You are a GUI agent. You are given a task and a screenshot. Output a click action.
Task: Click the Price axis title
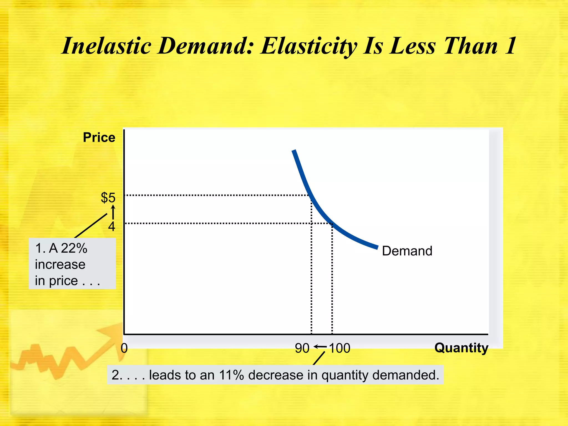point(99,138)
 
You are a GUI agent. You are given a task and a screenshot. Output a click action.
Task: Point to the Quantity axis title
point(461,348)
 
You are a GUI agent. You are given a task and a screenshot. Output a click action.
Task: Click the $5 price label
point(108,198)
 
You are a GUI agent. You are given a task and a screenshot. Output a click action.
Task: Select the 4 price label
point(111,227)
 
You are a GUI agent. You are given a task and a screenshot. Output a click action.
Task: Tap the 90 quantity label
point(302,348)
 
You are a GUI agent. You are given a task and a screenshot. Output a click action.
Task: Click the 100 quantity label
point(340,348)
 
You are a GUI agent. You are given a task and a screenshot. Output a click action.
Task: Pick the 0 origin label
point(124,348)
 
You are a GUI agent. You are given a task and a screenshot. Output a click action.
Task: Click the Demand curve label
point(407,251)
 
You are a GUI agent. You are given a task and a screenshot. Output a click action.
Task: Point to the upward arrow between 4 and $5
point(113,212)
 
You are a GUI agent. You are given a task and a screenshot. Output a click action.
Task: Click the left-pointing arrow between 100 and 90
point(320,347)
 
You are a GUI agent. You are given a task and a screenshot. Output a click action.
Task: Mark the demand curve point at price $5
point(310,195)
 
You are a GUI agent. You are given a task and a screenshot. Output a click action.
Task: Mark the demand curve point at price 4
point(331,223)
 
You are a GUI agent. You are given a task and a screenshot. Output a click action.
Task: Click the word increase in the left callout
point(60,265)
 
